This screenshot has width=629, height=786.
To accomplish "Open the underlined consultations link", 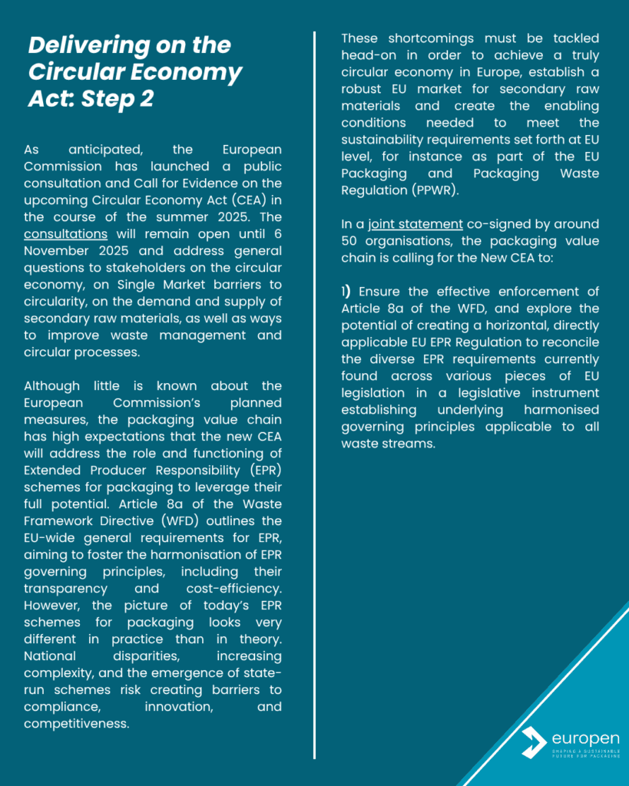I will [x=65, y=234].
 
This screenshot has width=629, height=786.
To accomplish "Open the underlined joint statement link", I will [x=415, y=224].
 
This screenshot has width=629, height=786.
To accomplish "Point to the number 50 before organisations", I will [x=351, y=241].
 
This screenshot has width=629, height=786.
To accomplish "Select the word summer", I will [x=190, y=217].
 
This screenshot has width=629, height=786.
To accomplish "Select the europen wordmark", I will [x=585, y=738].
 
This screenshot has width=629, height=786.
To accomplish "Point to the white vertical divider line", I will [x=314, y=384].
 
